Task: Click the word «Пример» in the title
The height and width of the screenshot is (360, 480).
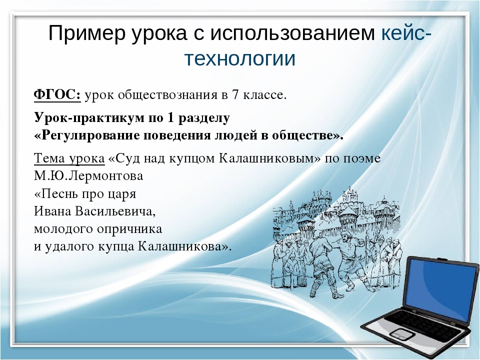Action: (x=87, y=33)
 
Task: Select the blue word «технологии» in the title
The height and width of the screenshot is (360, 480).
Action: (x=239, y=58)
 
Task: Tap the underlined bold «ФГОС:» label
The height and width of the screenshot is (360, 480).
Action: (x=57, y=95)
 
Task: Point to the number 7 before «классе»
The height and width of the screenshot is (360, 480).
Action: (x=235, y=95)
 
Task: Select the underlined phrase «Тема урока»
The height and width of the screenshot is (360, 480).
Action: (x=69, y=158)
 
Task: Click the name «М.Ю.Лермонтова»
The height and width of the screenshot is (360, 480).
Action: (x=88, y=176)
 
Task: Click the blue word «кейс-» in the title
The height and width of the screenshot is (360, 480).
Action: (x=406, y=33)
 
